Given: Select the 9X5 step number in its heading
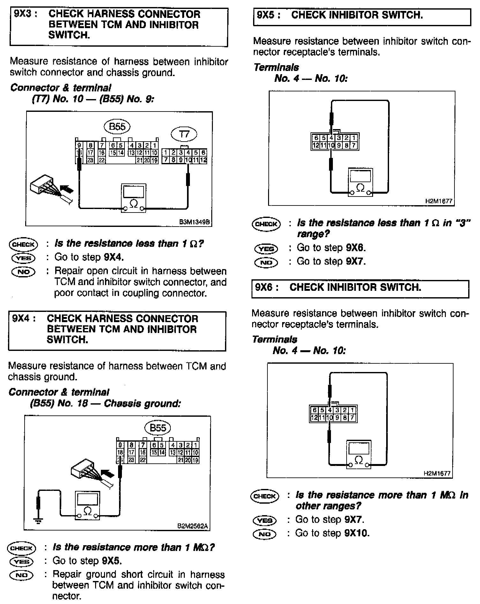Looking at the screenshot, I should tap(266, 15).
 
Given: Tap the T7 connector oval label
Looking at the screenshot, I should tap(184, 134).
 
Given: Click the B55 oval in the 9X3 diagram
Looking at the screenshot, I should tap(117, 127).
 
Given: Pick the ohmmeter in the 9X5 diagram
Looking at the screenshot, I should tap(360, 182).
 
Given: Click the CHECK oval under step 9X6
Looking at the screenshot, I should tap(265, 496).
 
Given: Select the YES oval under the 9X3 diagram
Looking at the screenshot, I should tap(23, 258).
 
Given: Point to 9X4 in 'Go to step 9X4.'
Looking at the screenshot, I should tap(114, 257).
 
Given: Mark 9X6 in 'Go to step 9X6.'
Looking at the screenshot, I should tap(356, 248).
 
